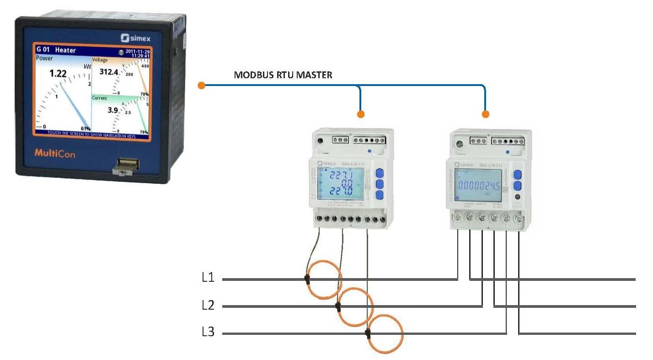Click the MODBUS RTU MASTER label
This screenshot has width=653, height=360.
283,75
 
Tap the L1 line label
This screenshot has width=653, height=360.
208,278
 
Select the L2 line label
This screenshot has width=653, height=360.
208,306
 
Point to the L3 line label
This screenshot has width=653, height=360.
208,333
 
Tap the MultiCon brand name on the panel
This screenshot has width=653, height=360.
54,154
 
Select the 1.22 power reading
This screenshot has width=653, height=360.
58,73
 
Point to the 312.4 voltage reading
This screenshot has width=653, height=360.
109,72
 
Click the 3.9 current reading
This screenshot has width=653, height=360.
112,110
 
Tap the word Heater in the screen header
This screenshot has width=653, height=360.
65,50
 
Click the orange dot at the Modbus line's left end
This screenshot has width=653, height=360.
201,85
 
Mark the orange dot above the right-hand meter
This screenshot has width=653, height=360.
486,113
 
